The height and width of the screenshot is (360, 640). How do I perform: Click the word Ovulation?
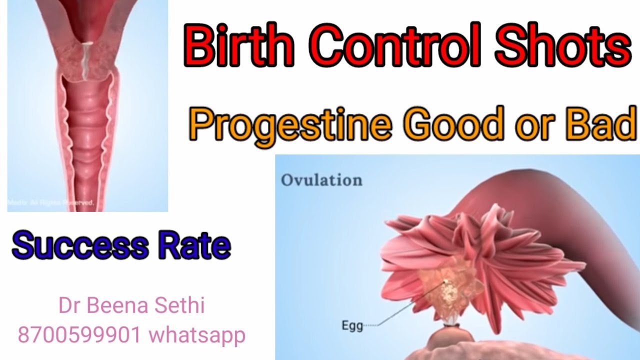321,180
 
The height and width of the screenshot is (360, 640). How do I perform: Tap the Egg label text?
351,325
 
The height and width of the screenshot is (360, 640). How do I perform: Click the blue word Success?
80,246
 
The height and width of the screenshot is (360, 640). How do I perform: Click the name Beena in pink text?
116,306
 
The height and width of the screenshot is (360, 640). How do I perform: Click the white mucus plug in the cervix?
86,60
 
